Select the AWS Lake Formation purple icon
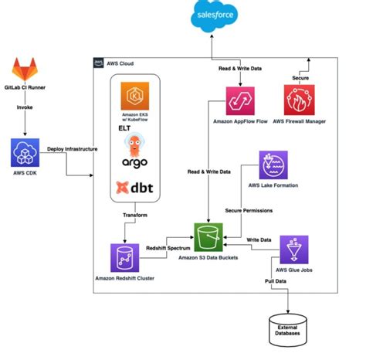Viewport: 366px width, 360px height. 272,165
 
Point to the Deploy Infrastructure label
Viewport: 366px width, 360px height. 71,148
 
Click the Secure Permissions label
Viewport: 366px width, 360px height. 249,210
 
